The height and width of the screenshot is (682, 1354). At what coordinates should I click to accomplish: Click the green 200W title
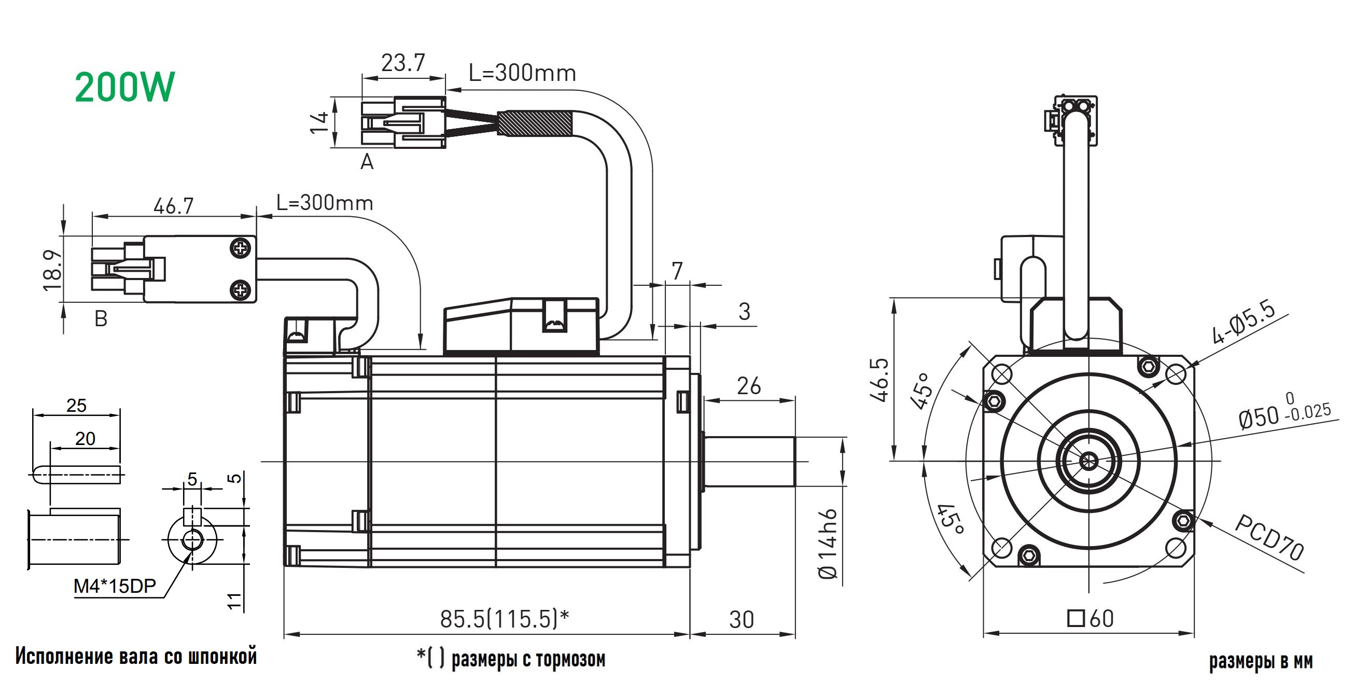click(124, 87)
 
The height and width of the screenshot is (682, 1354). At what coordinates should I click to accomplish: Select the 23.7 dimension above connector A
click(402, 64)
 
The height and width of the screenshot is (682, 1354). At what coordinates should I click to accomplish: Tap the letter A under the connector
click(367, 162)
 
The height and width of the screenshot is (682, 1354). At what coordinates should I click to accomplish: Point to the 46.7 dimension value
click(173, 205)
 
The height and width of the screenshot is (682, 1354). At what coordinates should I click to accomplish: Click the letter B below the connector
click(101, 318)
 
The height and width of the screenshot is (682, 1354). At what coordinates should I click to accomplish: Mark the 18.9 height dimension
click(52, 270)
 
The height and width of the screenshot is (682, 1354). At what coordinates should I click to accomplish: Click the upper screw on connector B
click(240, 248)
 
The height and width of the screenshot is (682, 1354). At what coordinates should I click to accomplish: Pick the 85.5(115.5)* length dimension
click(504, 619)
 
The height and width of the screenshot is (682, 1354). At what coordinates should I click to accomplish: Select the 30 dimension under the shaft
click(741, 620)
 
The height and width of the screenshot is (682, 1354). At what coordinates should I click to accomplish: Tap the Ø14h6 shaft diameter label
click(828, 544)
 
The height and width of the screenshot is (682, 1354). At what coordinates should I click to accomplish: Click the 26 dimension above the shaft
click(748, 386)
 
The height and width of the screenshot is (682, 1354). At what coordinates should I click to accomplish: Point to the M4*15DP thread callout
click(115, 586)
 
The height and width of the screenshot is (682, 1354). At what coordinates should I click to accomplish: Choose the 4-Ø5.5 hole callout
click(1243, 322)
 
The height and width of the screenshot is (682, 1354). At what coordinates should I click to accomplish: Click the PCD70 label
click(1268, 537)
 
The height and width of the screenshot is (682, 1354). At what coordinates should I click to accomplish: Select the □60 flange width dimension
click(1091, 618)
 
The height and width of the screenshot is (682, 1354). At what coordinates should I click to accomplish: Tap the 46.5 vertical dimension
click(880, 379)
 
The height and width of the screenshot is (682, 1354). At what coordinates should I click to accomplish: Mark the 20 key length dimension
click(85, 439)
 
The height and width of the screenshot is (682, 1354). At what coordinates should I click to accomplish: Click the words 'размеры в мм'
click(1261, 661)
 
